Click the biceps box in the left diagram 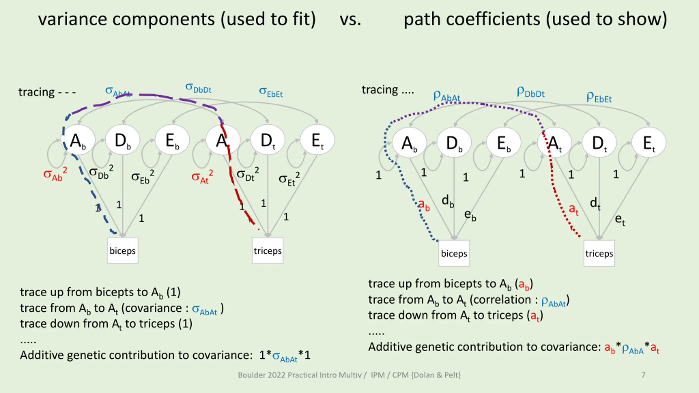tap(123, 251)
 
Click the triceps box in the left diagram tap(268, 251)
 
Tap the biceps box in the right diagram tap(454, 253)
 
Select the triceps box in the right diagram tap(599, 253)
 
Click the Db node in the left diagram tap(123, 140)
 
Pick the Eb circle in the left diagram tap(172, 140)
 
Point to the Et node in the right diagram tap(648, 143)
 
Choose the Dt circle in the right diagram tap(599, 143)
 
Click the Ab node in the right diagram tap(409, 143)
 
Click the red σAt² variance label tap(202, 177)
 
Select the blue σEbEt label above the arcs tap(271, 92)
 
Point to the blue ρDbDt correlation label tap(530, 92)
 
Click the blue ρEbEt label tap(599, 97)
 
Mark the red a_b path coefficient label tap(424, 205)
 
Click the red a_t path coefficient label tap(573, 210)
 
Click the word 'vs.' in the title tap(350, 20)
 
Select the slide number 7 tap(643, 375)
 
